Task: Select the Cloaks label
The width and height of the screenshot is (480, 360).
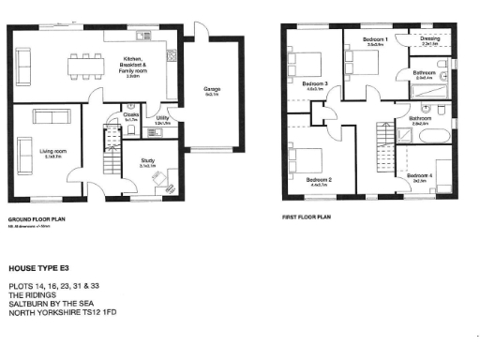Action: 130,117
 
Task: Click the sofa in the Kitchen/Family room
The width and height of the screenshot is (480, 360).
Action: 22,64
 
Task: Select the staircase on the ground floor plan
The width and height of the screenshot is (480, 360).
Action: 111,155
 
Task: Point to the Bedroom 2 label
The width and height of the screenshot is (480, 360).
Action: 319,180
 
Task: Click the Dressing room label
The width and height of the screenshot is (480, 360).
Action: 431,40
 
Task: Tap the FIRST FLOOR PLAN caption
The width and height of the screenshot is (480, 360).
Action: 307,216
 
